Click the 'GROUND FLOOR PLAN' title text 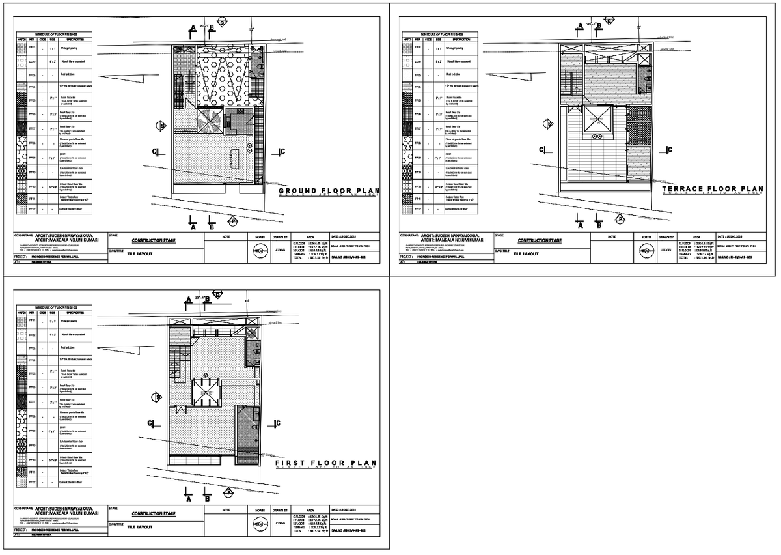[x=329, y=191]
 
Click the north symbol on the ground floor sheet [x=259, y=249]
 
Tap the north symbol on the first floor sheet [x=259, y=522]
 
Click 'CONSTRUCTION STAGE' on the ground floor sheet [x=153, y=240]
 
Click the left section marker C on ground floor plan [x=156, y=152]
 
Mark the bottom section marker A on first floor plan [x=187, y=499]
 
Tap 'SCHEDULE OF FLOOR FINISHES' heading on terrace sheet [x=441, y=34]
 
